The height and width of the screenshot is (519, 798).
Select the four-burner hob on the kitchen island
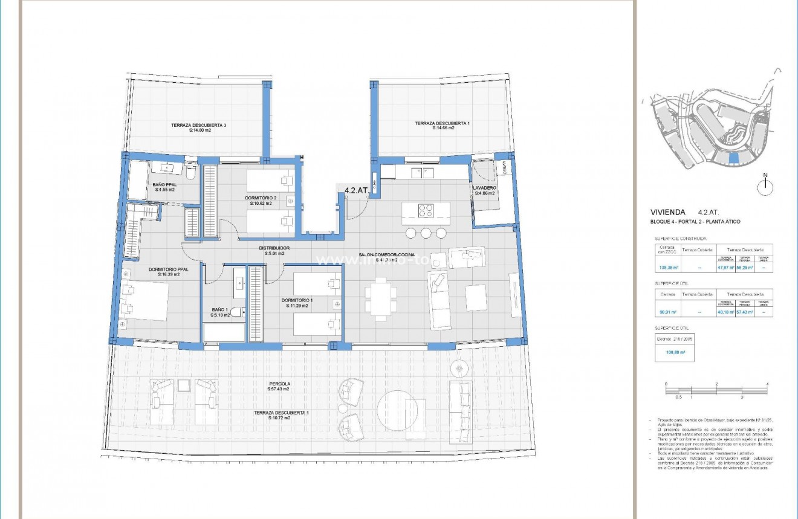426,211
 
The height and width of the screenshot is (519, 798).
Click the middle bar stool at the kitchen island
426,233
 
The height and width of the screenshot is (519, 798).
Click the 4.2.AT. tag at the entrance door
356,190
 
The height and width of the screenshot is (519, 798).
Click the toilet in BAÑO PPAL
192,173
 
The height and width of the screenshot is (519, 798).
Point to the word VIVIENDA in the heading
667,213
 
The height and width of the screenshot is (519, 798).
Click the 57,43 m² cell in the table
745,312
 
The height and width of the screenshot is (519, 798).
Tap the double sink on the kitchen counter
423,173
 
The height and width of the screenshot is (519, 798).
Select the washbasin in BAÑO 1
239,282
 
